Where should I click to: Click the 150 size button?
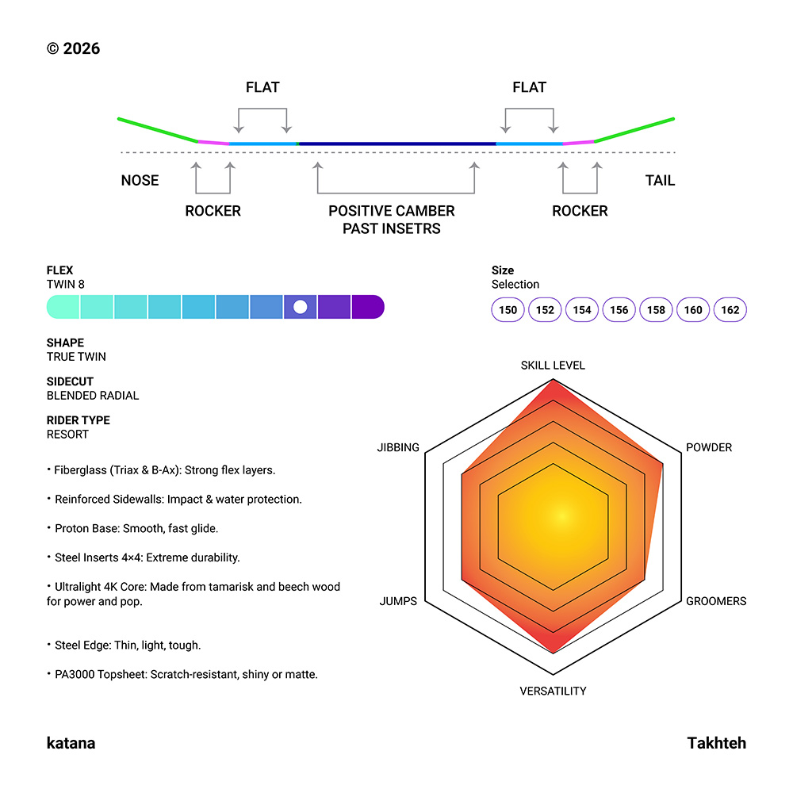pyautogui.click(x=508, y=310)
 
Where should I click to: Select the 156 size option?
pyautogui.click(x=619, y=310)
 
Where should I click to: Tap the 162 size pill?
pyautogui.click(x=730, y=310)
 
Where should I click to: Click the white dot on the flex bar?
pyautogui.click(x=300, y=307)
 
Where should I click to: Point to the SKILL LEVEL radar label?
pyautogui.click(x=553, y=366)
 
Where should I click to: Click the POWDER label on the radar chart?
pyautogui.click(x=709, y=447)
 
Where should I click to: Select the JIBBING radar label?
pyautogui.click(x=398, y=447)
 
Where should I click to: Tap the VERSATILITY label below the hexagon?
pyautogui.click(x=553, y=691)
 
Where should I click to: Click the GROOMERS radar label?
pyautogui.click(x=716, y=601)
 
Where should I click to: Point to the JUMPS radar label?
pyautogui.click(x=398, y=601)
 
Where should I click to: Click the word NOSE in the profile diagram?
pyautogui.click(x=140, y=181)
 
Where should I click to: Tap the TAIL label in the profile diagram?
pyautogui.click(x=660, y=181)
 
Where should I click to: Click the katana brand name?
pyautogui.click(x=71, y=743)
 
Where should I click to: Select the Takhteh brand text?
pyautogui.click(x=716, y=743)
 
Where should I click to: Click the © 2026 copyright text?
pyautogui.click(x=73, y=49)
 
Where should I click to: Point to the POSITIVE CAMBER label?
pyautogui.click(x=392, y=211)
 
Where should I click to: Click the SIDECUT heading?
pyautogui.click(x=70, y=381)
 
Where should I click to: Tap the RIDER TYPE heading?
pyautogui.click(x=78, y=420)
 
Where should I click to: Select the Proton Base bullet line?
pyautogui.click(x=131, y=528)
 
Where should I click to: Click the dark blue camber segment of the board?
pyautogui.click(x=396, y=144)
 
